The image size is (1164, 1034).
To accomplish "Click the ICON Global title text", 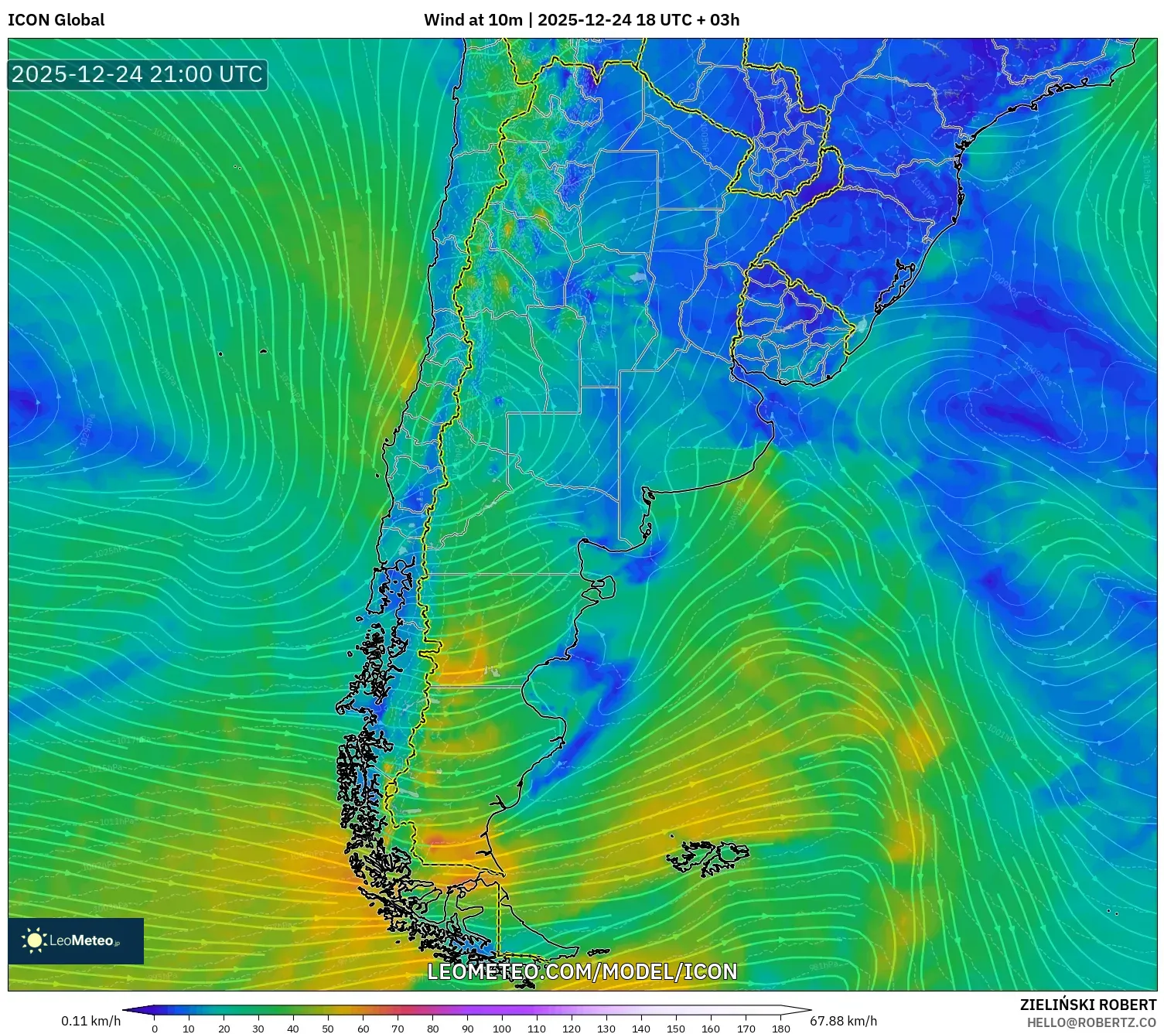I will tap(56, 20).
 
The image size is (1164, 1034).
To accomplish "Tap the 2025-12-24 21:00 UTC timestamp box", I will tap(137, 74).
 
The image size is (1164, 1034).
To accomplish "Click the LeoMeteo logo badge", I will tap(76, 940).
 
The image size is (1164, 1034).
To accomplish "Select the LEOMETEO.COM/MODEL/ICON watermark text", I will tap(582, 971).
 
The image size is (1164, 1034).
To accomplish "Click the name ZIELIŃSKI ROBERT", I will tap(1087, 1005).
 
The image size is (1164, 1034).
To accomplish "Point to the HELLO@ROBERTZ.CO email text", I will tap(1091, 1022).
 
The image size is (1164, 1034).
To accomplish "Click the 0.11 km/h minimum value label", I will tap(90, 1021).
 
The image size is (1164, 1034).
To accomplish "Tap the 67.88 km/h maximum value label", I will tap(843, 1021).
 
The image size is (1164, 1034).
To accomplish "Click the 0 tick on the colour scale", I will tap(155, 1029).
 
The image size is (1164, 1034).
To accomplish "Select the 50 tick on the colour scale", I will tap(328, 1029).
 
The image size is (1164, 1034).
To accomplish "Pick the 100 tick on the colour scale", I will tap(502, 1029).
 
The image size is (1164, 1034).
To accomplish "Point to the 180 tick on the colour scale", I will tap(780, 1029).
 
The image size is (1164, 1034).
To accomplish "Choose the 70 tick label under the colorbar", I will tap(398, 1029).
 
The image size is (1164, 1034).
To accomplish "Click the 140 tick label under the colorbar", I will tap(641, 1029).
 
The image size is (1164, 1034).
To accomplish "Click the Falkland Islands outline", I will tap(708, 856).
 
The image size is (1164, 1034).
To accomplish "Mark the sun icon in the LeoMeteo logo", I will tap(34, 940).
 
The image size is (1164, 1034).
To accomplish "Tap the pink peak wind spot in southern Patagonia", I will tap(437, 841).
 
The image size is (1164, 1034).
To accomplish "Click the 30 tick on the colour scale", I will tap(258, 1029).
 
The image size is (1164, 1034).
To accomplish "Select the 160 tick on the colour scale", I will tap(711, 1029).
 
